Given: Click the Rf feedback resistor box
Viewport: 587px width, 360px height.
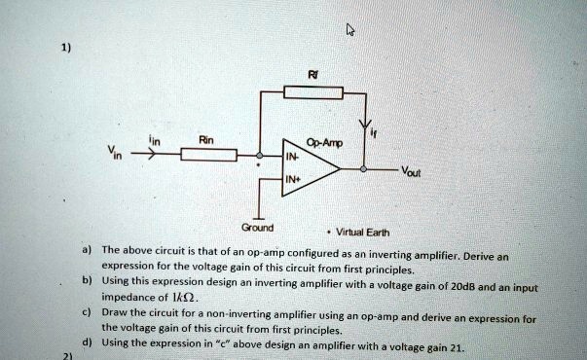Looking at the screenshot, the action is click(312, 93).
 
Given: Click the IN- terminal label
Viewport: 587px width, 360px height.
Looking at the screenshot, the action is click(292, 157).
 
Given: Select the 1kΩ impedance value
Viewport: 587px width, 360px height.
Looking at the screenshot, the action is click(187, 297).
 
